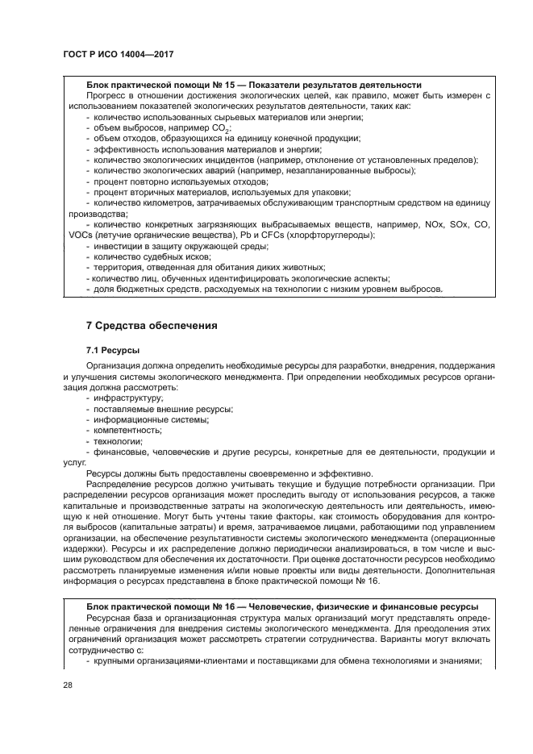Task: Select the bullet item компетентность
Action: (x=127, y=431)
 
